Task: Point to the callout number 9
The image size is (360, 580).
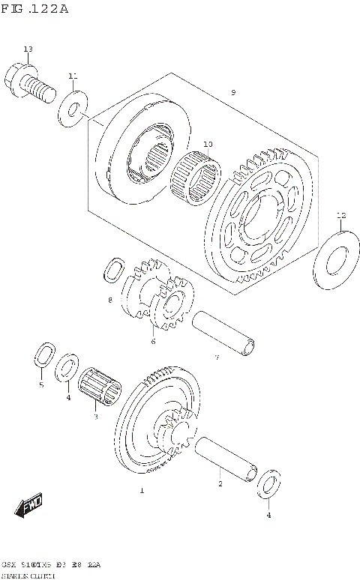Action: (x=233, y=92)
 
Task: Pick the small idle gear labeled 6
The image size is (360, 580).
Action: (x=169, y=303)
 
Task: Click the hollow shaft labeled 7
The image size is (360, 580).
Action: (x=224, y=331)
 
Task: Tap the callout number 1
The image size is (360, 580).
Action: (x=141, y=492)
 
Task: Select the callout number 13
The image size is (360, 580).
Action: (x=28, y=49)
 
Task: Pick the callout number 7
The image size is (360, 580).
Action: (x=217, y=357)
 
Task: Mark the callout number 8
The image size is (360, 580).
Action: (x=109, y=300)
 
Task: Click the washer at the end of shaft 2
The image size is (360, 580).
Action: (x=269, y=486)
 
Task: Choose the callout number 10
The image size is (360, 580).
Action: (x=208, y=144)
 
